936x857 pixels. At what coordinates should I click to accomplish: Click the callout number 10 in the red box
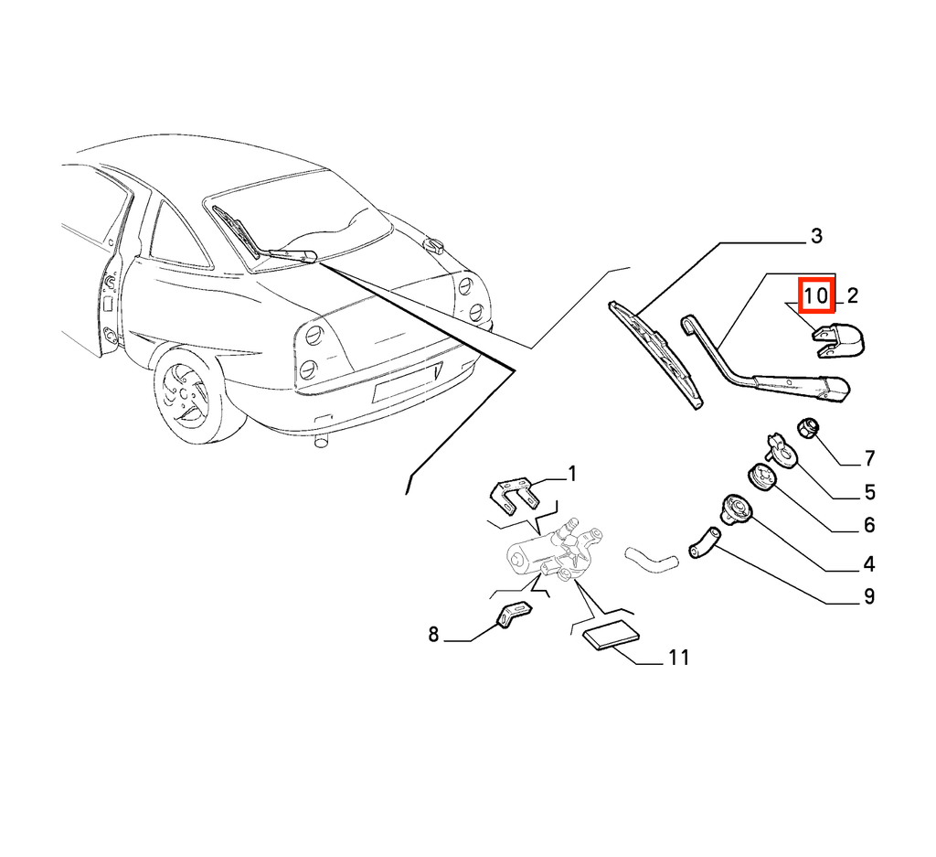tap(816, 295)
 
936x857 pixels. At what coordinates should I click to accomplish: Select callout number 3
tap(816, 236)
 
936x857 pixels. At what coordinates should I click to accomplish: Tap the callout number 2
tap(852, 295)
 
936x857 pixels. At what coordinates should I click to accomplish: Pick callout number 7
tap(869, 458)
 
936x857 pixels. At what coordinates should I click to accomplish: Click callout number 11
tap(679, 658)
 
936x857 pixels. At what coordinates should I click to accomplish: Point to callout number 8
tap(433, 634)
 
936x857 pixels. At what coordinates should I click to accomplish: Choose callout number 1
tap(572, 474)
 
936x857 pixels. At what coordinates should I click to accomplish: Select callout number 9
tap(869, 596)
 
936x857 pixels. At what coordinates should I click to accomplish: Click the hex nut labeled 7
tap(808, 428)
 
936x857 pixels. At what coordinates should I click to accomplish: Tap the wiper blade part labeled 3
tap(655, 355)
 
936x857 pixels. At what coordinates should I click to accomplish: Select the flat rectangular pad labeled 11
tap(611, 634)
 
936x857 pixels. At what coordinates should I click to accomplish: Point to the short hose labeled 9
tap(705, 542)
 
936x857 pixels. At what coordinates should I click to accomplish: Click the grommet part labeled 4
tap(738, 509)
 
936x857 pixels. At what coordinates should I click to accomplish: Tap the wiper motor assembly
tap(555, 552)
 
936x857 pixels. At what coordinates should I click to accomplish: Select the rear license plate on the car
tap(407, 383)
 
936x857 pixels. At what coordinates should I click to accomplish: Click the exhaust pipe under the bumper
tap(321, 442)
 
